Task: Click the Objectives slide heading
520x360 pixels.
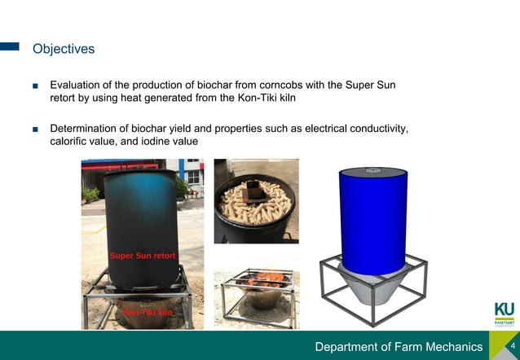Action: (64, 49)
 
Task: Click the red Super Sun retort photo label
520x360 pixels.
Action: (143, 256)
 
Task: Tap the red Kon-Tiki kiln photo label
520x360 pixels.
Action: (148, 312)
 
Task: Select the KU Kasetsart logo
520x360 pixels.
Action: (504, 314)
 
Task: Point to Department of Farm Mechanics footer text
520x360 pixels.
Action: (399, 347)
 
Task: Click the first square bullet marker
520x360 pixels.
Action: (36, 86)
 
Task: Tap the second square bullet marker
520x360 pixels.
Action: (36, 130)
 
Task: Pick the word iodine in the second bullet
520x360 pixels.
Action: (154, 142)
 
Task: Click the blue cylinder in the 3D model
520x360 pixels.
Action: (372, 220)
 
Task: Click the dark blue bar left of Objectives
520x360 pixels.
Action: (10, 47)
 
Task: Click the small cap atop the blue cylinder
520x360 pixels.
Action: (374, 170)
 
